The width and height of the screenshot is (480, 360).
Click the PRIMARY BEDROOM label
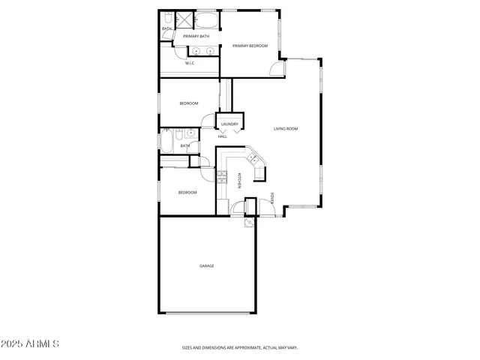tap(250, 46)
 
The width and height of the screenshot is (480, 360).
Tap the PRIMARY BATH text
tap(196, 36)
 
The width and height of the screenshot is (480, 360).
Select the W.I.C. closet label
tap(190, 64)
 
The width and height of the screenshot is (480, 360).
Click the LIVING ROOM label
tap(285, 129)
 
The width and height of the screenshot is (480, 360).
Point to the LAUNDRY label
tap(229, 124)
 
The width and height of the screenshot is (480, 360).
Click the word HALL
tap(223, 136)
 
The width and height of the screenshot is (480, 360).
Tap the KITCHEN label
tap(239, 181)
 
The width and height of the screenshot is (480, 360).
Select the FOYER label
tap(272, 199)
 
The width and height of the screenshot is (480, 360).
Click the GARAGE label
tap(206, 265)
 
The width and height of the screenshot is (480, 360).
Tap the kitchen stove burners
tap(222, 177)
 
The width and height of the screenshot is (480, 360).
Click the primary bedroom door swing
tap(277, 69)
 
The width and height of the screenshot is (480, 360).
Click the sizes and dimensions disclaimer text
tap(239, 347)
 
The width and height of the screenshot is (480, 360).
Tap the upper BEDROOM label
tap(188, 103)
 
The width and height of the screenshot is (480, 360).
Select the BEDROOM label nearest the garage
tap(187, 193)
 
